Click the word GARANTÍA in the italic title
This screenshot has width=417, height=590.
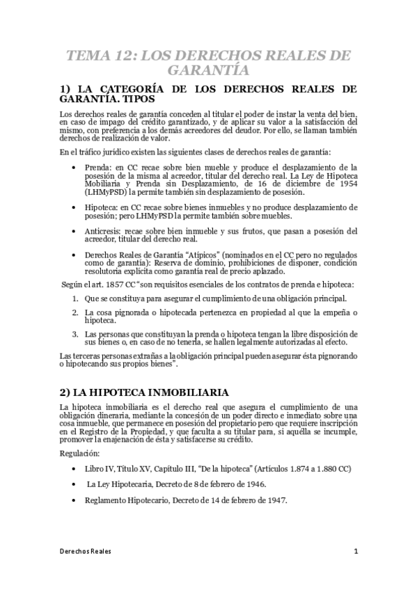point(208,70)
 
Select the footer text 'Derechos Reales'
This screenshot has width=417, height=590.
point(86,552)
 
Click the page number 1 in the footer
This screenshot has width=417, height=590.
point(355,552)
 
